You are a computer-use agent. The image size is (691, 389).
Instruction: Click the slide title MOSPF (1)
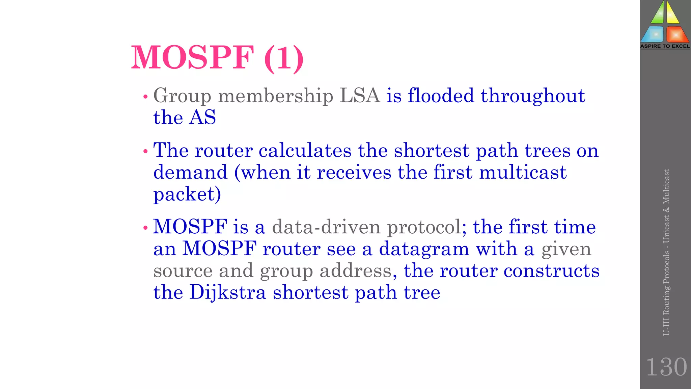pyautogui.click(x=217, y=58)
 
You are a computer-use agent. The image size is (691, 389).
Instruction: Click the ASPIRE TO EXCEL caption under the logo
pyautogui.click(x=665, y=46)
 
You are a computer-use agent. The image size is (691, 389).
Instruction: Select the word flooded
pyautogui.click(x=441, y=96)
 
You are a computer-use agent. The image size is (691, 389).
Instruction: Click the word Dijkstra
pyautogui.click(x=228, y=292)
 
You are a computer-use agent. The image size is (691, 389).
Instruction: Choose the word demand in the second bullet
pyautogui.click(x=190, y=172)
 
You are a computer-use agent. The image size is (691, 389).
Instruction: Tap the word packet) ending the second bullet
pyautogui.click(x=187, y=194)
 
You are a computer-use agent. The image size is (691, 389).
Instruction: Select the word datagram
pyautogui.click(x=424, y=249)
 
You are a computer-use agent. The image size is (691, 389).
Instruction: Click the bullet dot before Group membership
pyautogui.click(x=145, y=97)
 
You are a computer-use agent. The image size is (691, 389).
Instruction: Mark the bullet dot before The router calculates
pyautogui.click(x=145, y=152)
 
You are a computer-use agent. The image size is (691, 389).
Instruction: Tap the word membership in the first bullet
pyautogui.click(x=275, y=96)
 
